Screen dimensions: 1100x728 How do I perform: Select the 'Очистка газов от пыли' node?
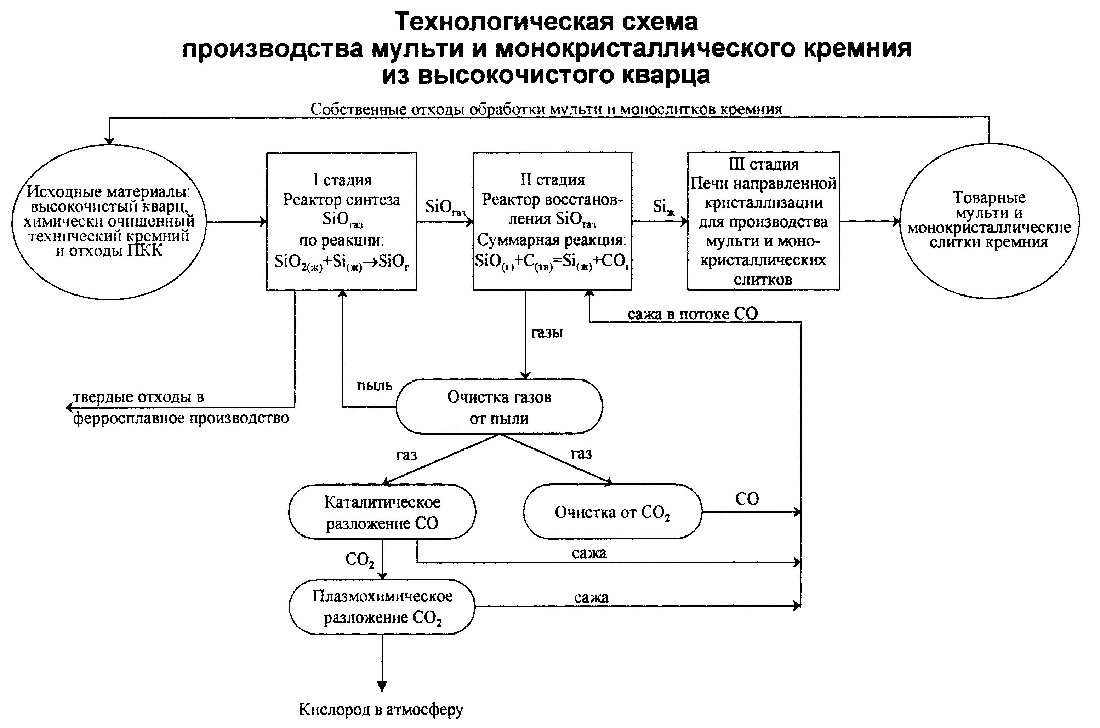coord(499,407)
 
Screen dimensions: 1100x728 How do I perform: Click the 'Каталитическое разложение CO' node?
coord(382,512)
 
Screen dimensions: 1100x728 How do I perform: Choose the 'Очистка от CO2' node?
coord(612,512)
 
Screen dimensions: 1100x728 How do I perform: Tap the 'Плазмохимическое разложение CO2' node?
coord(382,607)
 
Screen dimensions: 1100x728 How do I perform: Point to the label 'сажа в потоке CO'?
coord(692,314)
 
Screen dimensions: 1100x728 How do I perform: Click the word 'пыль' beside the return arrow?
coord(374,385)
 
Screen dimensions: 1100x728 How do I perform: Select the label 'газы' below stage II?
coord(547,332)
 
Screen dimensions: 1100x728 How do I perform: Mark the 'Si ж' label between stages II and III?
coord(663,207)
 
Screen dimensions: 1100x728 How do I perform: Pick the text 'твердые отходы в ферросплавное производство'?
coord(181,408)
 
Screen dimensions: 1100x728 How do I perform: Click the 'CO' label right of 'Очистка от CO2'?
coord(747,499)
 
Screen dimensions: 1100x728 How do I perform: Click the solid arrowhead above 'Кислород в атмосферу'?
coord(382,686)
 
